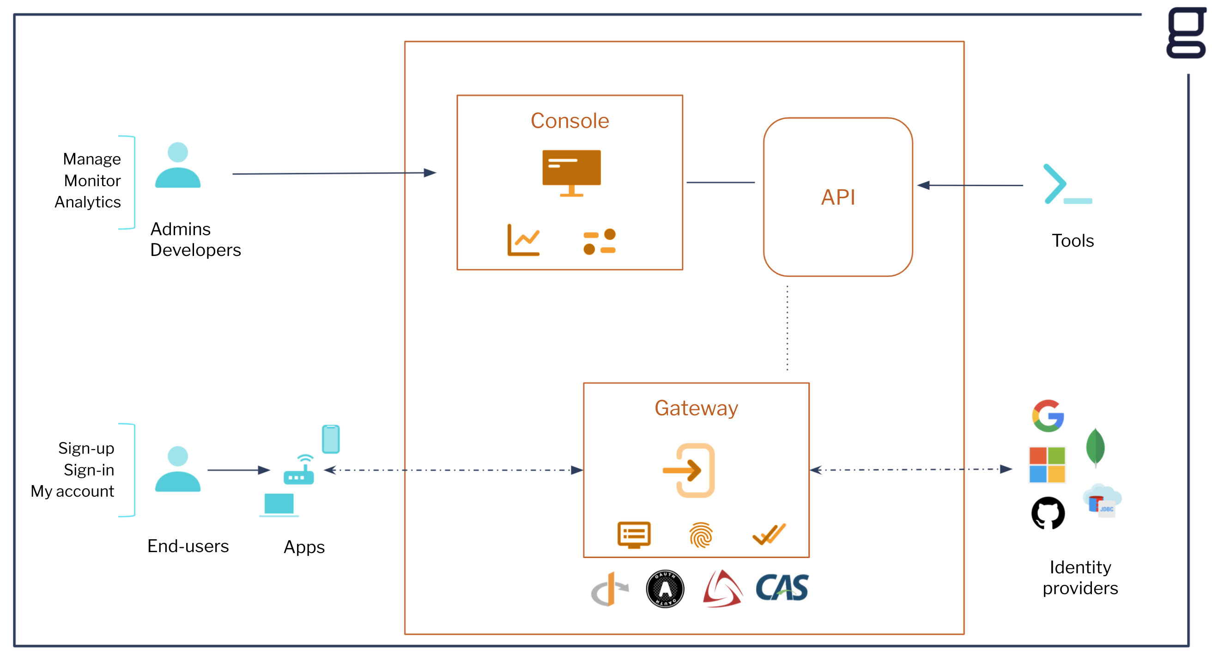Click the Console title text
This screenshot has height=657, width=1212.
pyautogui.click(x=570, y=121)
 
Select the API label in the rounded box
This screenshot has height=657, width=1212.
pyautogui.click(x=838, y=197)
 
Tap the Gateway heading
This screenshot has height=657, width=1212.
pyautogui.click(x=697, y=408)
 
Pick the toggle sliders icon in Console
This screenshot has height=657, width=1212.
pyautogui.click(x=600, y=242)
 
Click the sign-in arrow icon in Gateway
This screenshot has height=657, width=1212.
pyautogui.click(x=690, y=470)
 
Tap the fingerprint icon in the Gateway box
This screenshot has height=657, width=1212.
pyautogui.click(x=701, y=535)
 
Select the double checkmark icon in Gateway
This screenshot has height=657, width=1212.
pyautogui.click(x=769, y=534)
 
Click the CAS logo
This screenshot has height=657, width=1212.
pyautogui.click(x=782, y=588)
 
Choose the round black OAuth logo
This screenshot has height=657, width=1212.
pyautogui.click(x=665, y=589)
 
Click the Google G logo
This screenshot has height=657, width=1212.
pyautogui.click(x=1048, y=415)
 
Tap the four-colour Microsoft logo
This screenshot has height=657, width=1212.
pyautogui.click(x=1047, y=465)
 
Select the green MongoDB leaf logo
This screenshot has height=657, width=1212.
pyautogui.click(x=1095, y=448)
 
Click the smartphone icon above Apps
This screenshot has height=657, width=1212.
pyautogui.click(x=331, y=439)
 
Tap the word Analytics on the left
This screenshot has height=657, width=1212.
pyautogui.click(x=88, y=202)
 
